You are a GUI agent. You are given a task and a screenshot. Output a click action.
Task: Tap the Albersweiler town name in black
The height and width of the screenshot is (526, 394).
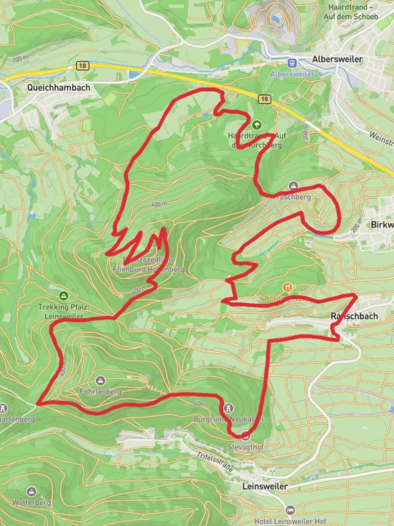click(x=338, y=59)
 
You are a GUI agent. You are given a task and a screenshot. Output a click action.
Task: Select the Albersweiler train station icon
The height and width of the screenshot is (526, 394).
click(x=292, y=63)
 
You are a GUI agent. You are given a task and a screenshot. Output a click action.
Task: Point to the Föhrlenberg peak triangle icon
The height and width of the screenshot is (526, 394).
click(x=100, y=380)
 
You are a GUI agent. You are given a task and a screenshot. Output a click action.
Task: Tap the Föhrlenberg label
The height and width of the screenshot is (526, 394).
click(x=100, y=391)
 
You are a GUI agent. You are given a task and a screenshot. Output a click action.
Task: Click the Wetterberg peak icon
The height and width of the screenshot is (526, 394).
click(x=32, y=491)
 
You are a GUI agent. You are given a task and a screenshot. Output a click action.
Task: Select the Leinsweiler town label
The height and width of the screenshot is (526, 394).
click(x=265, y=486)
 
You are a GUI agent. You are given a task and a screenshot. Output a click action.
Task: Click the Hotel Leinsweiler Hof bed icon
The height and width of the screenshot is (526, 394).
click(x=290, y=510)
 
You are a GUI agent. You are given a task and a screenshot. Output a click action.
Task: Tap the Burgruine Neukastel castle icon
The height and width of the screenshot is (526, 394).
click(x=229, y=408)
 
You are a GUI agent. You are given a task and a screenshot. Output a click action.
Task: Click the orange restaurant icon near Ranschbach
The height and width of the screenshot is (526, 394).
click(x=288, y=287)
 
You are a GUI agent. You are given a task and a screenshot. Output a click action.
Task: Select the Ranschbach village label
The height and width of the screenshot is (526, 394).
click(x=354, y=316)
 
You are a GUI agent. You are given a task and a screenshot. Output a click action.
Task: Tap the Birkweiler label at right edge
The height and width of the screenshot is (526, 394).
click(x=382, y=225)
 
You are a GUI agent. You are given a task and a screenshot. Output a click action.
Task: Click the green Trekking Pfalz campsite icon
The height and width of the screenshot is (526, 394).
click(x=64, y=296)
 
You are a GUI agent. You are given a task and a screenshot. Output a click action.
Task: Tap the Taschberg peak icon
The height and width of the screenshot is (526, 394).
click(x=293, y=186)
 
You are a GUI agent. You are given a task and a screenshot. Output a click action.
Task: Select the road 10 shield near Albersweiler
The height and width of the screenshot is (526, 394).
click(x=264, y=99)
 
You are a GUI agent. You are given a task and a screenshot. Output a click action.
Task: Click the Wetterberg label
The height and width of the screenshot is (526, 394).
click(x=32, y=502)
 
